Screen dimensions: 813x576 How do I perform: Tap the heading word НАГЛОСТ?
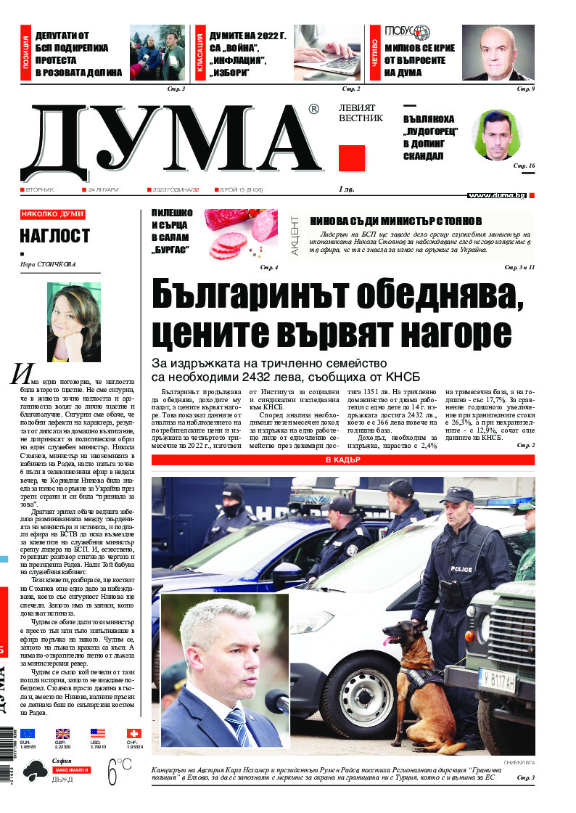point(54,235)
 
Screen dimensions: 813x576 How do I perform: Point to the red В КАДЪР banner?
point(343,460)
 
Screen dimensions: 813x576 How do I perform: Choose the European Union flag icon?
point(28,733)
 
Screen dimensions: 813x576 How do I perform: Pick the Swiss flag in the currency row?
point(133,733)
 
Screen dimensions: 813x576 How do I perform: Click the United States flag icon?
point(98,733)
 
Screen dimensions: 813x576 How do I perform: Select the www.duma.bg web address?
point(497,195)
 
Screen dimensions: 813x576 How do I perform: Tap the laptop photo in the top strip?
point(327,54)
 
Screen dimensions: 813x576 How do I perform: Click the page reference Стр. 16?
point(524,166)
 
